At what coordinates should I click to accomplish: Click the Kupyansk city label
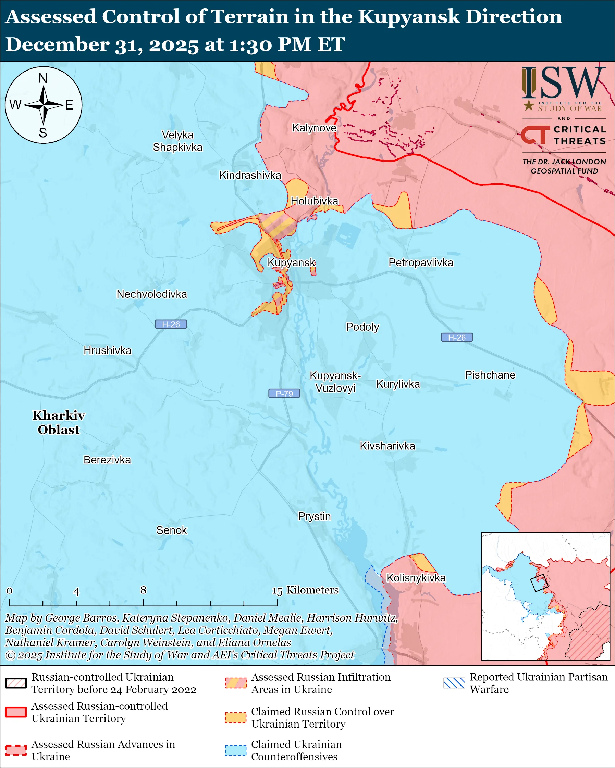pyautogui.click(x=291, y=263)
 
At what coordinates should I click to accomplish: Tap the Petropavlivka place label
pyautogui.click(x=421, y=263)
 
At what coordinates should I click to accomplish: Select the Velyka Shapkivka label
pyautogui.click(x=177, y=141)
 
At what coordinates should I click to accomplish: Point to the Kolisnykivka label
pyautogui.click(x=416, y=578)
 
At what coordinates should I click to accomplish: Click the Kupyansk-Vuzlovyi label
pyautogui.click(x=335, y=382)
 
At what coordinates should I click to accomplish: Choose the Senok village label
pyautogui.click(x=172, y=530)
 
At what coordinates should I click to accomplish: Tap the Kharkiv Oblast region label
pyautogui.click(x=59, y=422)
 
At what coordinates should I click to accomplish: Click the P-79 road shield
pyautogui.click(x=284, y=393)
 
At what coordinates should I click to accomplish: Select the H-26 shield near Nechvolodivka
pyautogui.click(x=171, y=324)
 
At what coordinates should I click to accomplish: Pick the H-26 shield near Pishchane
pyautogui.click(x=457, y=337)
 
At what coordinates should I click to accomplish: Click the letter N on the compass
pyautogui.click(x=43, y=78)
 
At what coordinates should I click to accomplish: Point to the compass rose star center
pyautogui.click(x=44, y=105)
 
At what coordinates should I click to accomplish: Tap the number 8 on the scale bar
pyautogui.click(x=143, y=590)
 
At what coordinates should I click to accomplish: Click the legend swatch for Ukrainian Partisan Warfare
pyautogui.click(x=454, y=683)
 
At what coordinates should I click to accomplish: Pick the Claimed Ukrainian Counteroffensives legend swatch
pyautogui.click(x=235, y=750)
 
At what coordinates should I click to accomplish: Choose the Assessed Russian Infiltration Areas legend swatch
pyautogui.click(x=235, y=683)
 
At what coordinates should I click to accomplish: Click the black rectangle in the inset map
pyautogui.click(x=539, y=583)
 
